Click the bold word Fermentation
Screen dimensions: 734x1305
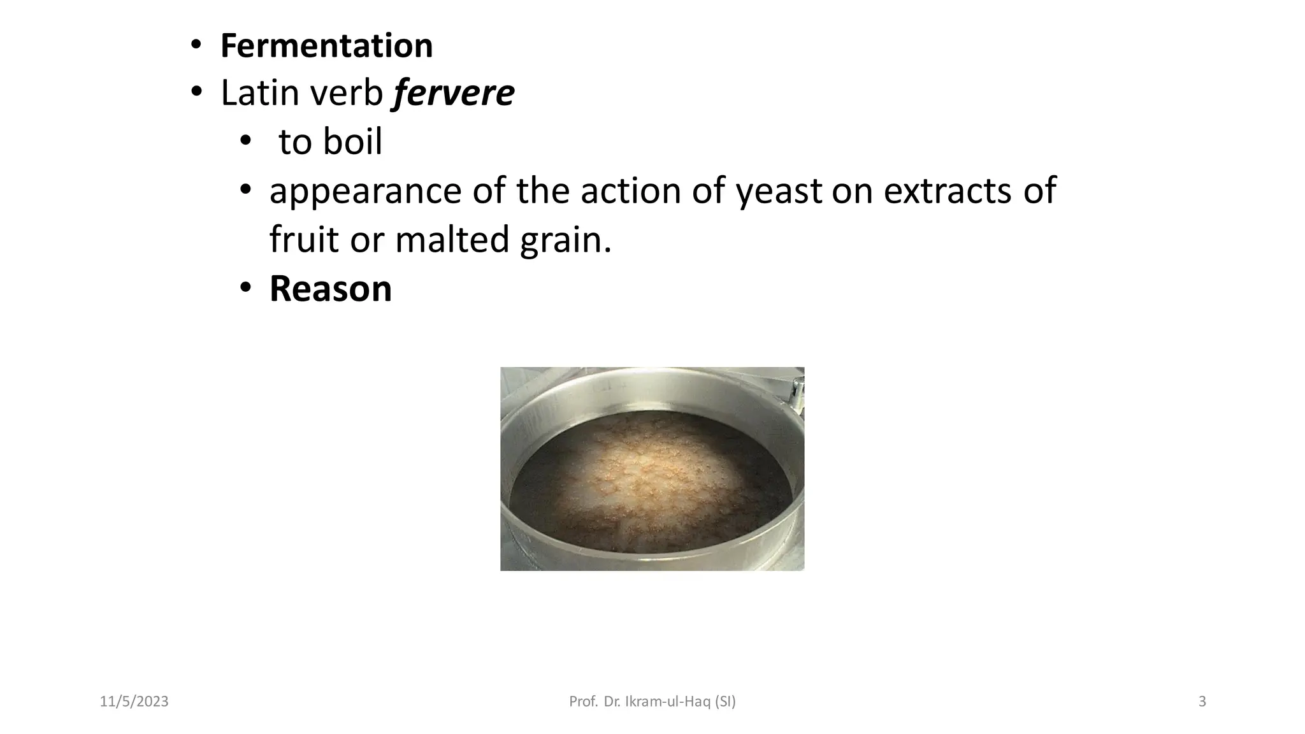pyautogui.click(x=326, y=46)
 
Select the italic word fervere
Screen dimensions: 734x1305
pyautogui.click(x=454, y=93)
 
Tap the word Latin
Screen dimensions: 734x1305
pyautogui.click(x=259, y=93)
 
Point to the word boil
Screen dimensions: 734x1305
pyautogui.click(x=352, y=141)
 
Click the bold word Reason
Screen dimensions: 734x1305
pyautogui.click(x=330, y=289)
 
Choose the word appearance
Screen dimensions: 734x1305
pyautogui.click(x=365, y=192)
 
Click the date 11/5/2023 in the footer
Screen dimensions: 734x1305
pyautogui.click(x=134, y=702)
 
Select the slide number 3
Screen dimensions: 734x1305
pyautogui.click(x=1202, y=702)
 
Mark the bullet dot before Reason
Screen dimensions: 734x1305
pyautogui.click(x=245, y=289)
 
